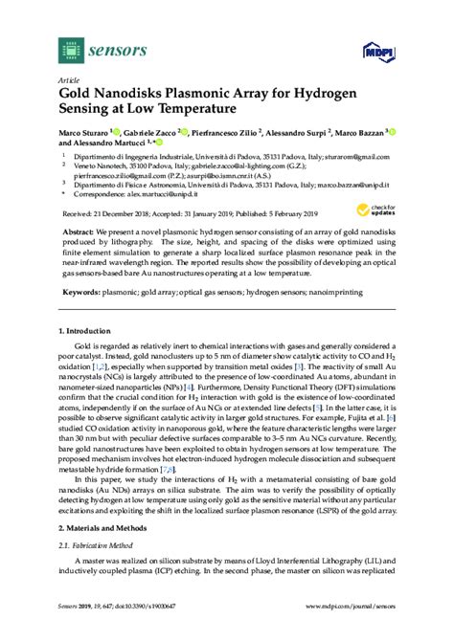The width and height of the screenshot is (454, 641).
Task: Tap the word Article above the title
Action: (70, 82)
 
